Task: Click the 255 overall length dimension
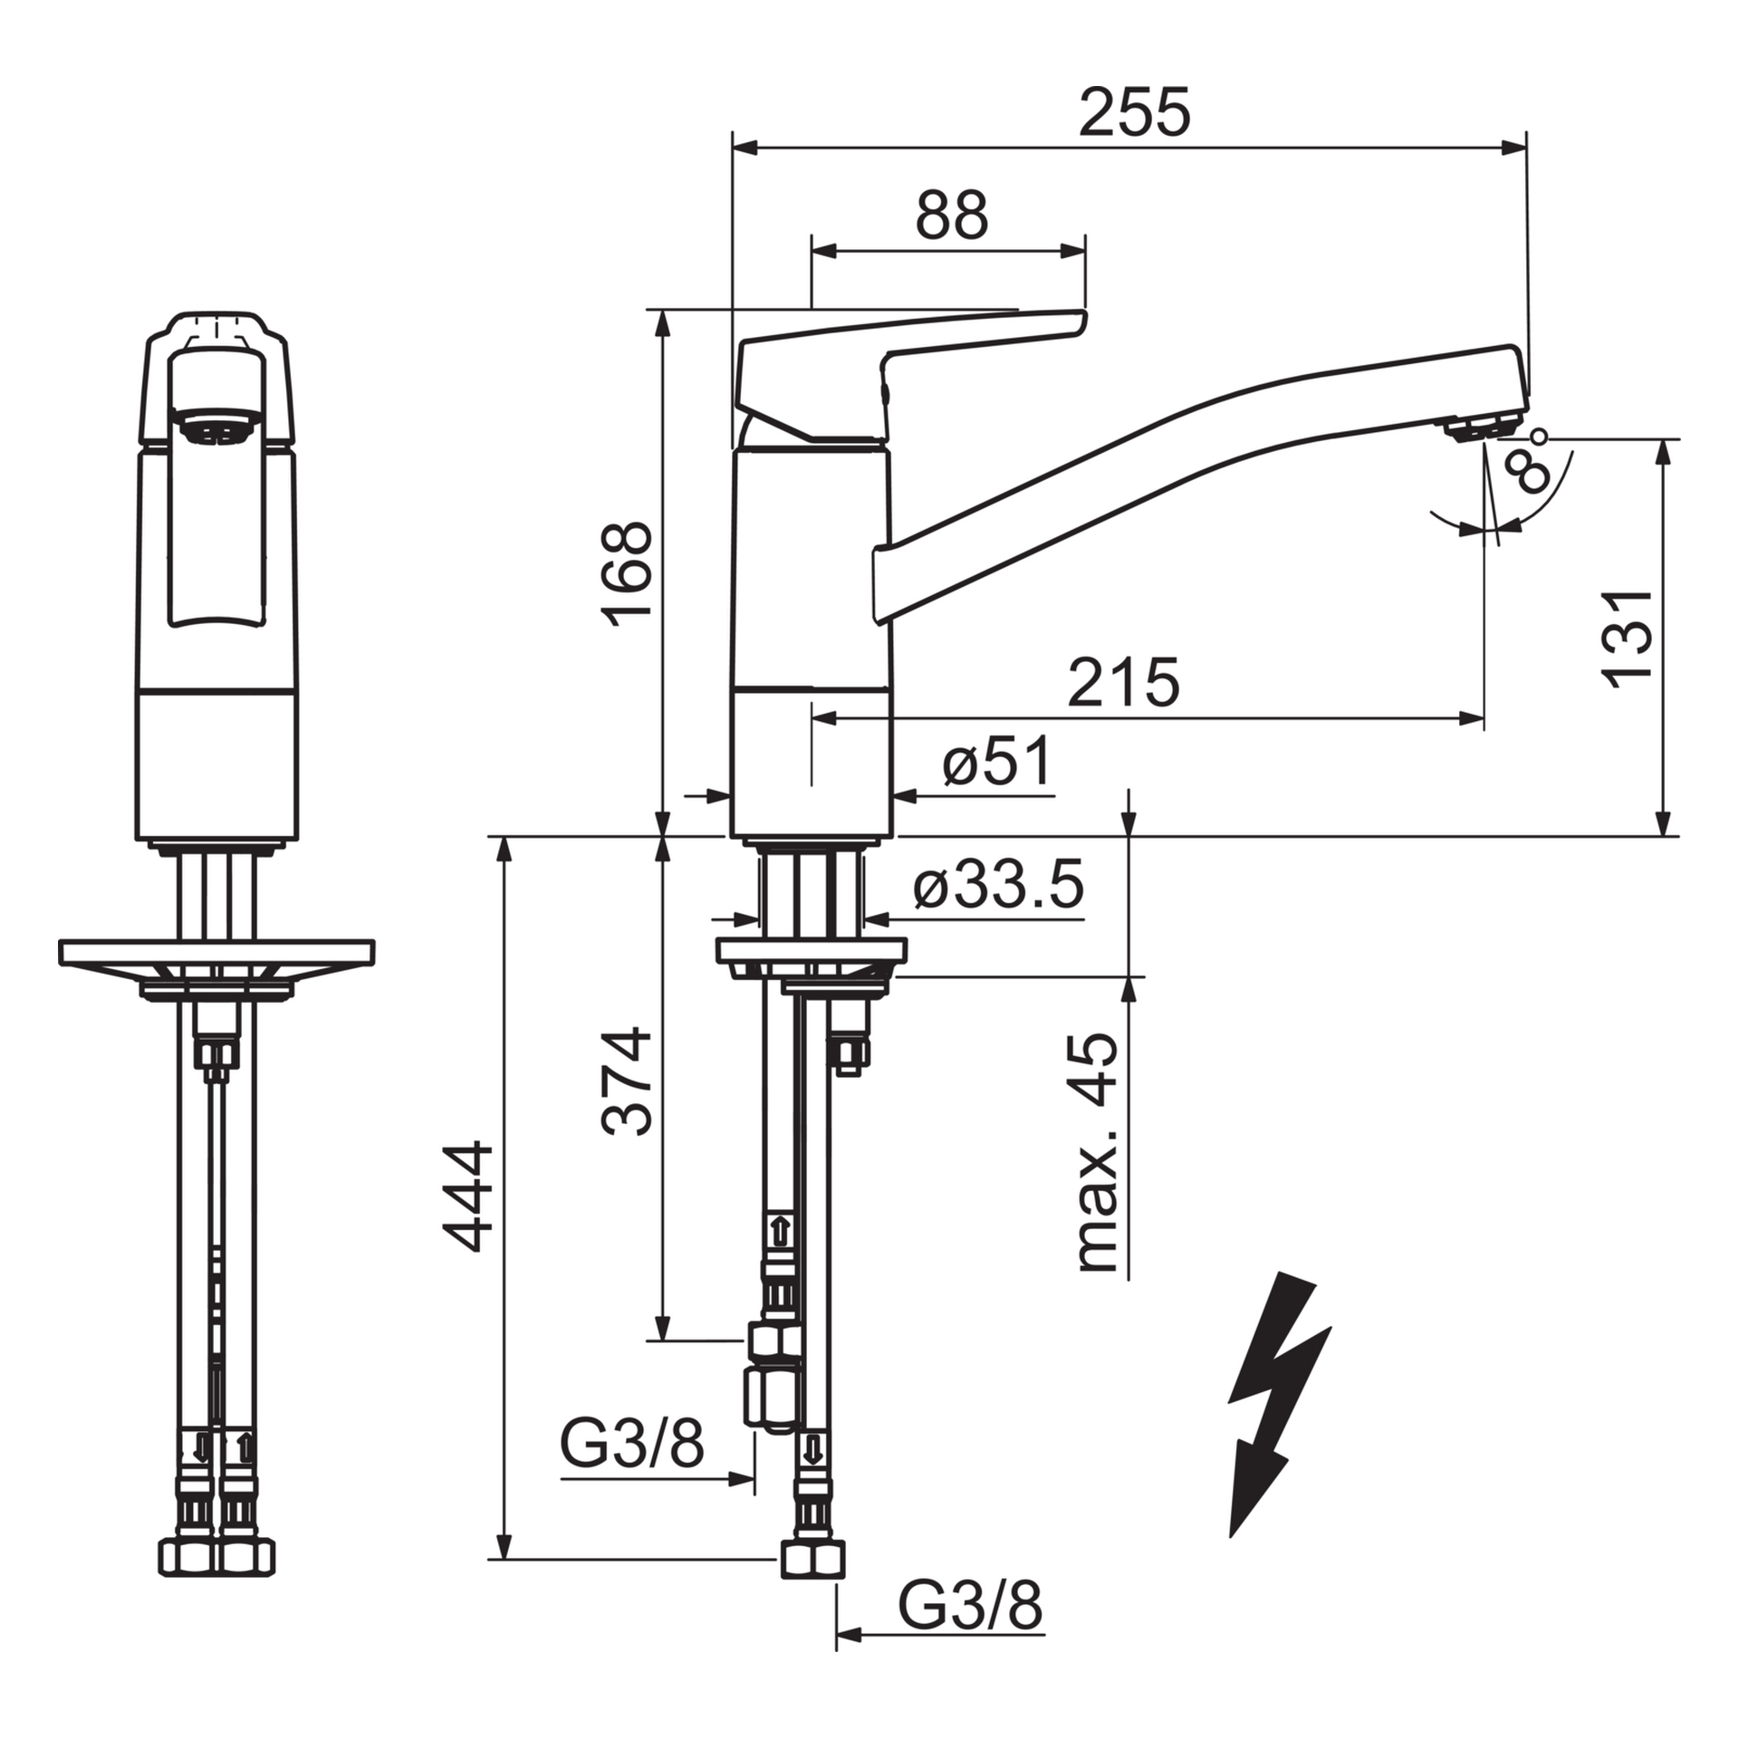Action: [x=1134, y=113]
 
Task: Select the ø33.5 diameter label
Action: [x=997, y=885]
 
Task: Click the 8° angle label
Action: [x=1531, y=464]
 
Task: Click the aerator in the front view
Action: [x=216, y=429]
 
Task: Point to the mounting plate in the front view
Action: [x=216, y=953]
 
